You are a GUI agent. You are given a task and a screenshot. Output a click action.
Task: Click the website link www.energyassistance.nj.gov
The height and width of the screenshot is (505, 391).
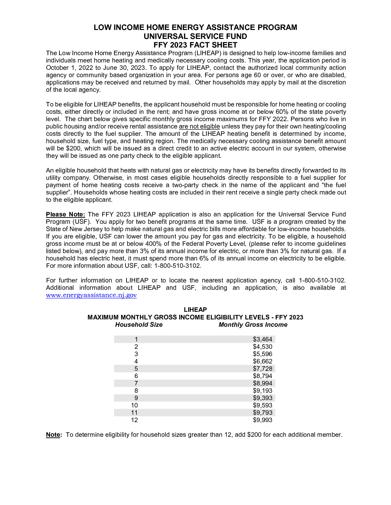tap(91, 295)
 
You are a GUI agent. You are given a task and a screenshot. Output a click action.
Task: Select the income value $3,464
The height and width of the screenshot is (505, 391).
tap(263, 339)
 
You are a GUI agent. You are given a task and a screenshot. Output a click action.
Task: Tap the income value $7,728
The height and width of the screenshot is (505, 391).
tap(263, 369)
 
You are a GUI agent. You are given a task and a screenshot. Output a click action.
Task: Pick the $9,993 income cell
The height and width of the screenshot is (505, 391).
tap(263, 420)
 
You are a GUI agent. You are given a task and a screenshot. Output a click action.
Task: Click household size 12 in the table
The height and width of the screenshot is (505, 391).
tap(134, 420)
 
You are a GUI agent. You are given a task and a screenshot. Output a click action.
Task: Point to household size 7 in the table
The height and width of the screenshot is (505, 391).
tap(136, 383)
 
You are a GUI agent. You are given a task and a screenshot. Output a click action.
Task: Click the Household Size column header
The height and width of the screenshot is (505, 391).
tap(139, 325)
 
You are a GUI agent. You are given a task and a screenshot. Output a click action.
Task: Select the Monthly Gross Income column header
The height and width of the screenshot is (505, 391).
tap(253, 325)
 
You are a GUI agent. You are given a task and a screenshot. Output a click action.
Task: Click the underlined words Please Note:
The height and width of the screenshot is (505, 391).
tap(65, 214)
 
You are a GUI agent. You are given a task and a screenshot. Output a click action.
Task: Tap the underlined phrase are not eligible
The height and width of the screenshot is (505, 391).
tap(199, 126)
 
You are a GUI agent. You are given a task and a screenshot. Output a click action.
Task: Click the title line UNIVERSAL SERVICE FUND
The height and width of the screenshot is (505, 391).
tap(195, 36)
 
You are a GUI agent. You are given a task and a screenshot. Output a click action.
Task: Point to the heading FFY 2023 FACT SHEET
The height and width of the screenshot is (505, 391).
tap(195, 45)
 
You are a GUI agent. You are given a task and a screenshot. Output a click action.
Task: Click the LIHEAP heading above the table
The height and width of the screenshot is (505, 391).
tap(195, 310)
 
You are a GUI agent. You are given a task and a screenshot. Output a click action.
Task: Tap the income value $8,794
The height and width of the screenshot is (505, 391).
tap(263, 376)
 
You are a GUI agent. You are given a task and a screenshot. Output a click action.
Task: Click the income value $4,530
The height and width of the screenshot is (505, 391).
tap(263, 347)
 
